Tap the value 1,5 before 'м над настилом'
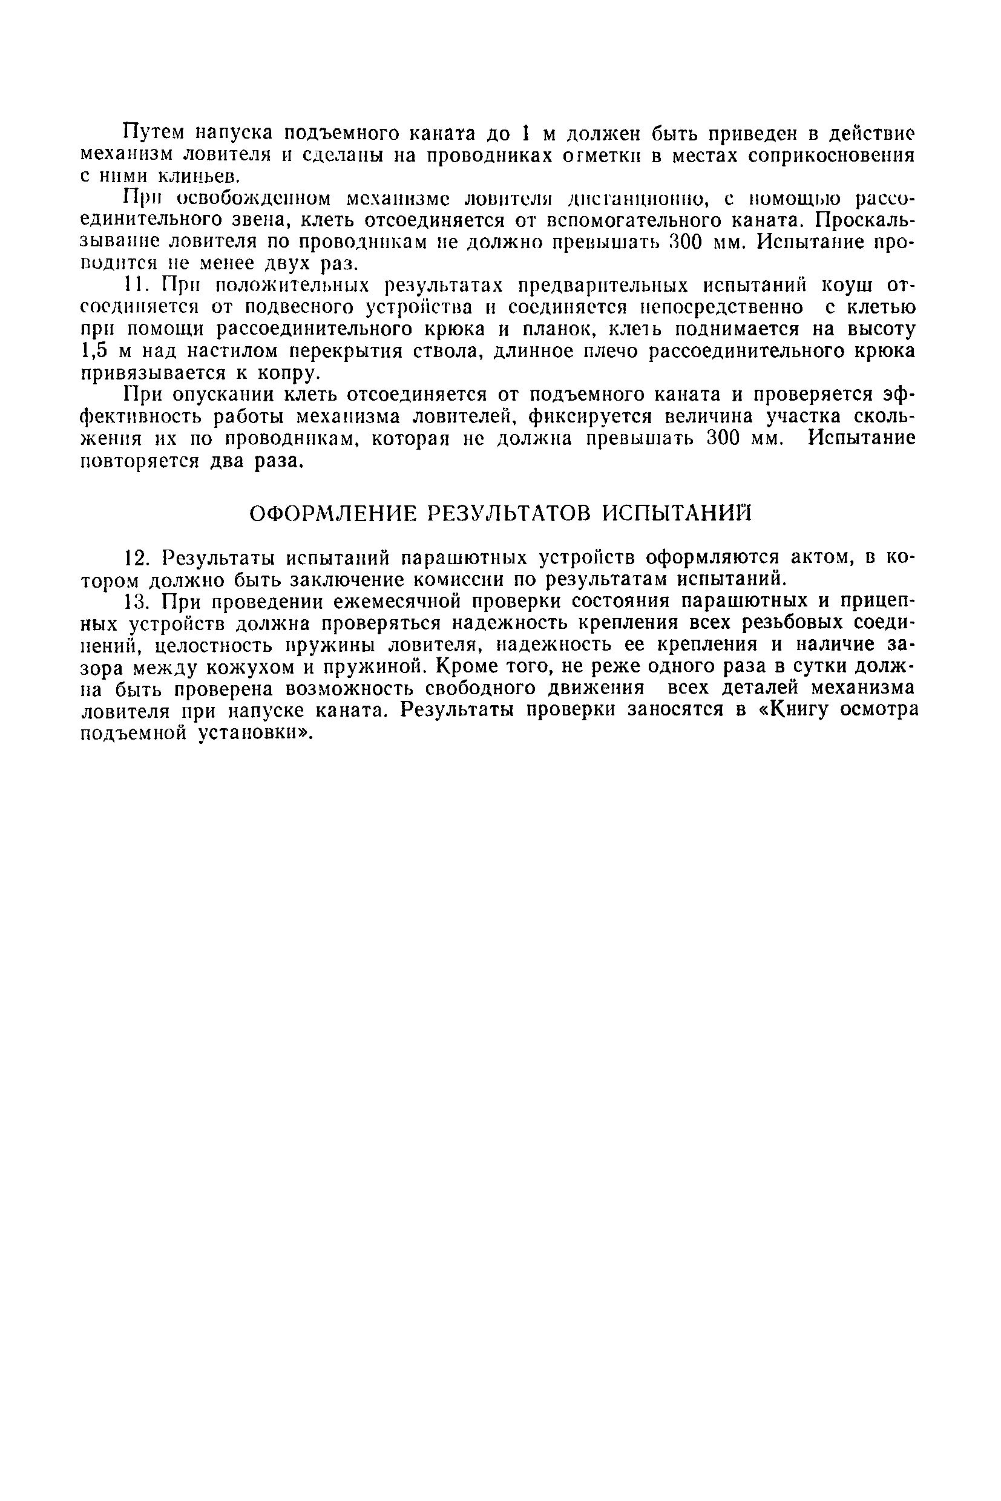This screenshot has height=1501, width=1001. [94, 351]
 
